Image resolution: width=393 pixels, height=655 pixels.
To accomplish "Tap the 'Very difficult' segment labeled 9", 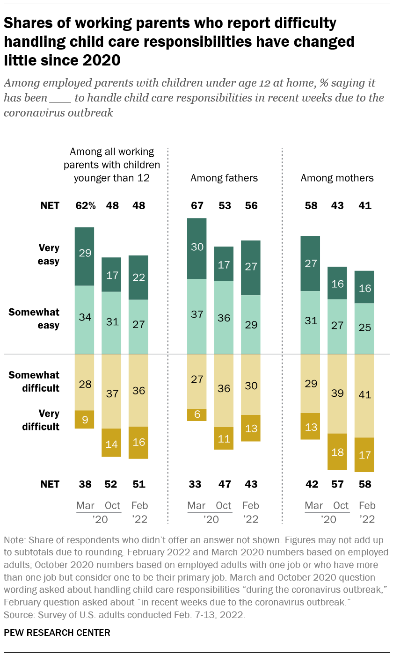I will [85, 419].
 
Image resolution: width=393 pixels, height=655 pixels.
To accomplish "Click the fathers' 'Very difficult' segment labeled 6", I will [196, 415].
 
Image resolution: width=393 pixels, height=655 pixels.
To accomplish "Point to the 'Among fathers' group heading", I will [224, 178].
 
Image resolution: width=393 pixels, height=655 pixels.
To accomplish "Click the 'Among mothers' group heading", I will [337, 178].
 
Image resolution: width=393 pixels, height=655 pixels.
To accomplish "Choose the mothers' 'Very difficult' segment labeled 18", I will [337, 451].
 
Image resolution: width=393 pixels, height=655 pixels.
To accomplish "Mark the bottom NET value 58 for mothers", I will [364, 484].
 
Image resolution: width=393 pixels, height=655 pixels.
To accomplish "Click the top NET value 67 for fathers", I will [196, 206].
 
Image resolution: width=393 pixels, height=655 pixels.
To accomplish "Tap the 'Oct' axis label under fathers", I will [224, 506].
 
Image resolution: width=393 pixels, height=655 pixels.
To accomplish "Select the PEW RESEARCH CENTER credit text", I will [57, 633].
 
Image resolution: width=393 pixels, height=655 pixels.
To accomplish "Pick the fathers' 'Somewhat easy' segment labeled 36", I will [224, 317].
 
